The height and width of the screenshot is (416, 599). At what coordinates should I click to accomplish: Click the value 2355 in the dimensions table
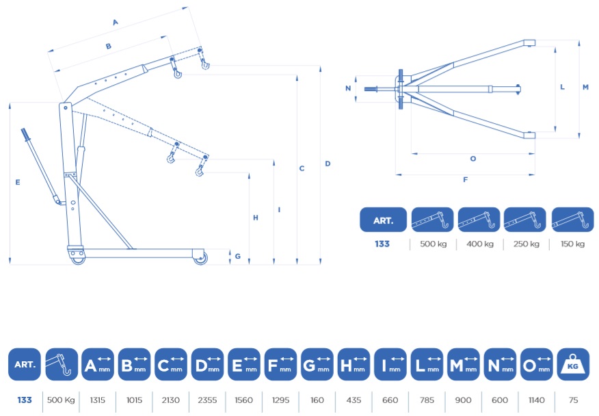tap(207, 400)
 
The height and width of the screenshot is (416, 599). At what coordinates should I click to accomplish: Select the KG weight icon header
tap(573, 365)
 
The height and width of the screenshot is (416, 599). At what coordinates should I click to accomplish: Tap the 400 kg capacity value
tap(480, 244)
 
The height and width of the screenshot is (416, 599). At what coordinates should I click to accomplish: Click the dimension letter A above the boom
tap(116, 23)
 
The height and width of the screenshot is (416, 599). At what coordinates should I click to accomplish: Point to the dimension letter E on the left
tap(18, 183)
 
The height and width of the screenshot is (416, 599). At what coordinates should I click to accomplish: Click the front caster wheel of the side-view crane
tap(200, 258)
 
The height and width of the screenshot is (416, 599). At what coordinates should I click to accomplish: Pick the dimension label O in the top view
tap(473, 159)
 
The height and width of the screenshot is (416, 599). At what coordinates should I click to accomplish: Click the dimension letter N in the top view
tap(348, 88)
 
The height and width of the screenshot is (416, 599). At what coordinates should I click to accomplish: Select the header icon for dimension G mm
tap(317, 365)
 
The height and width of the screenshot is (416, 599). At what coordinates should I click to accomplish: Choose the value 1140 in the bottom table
tap(536, 400)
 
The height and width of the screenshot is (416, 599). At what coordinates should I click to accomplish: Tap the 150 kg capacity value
tap(572, 244)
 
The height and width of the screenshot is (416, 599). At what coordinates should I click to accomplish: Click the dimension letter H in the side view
tap(256, 218)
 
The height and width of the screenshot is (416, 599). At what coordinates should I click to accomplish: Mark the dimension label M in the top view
tap(585, 87)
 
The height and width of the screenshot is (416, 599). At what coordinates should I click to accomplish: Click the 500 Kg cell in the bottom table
tap(61, 400)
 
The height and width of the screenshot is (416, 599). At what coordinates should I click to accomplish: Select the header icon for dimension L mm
tap(427, 365)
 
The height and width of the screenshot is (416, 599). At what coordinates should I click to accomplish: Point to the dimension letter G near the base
tap(237, 256)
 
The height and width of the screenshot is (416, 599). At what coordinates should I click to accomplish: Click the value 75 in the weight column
tap(573, 400)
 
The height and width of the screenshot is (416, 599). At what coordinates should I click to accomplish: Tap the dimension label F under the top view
tap(465, 179)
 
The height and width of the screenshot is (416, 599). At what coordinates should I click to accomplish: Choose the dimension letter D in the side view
tap(328, 164)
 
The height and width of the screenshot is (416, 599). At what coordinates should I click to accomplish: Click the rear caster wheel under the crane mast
tap(78, 257)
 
